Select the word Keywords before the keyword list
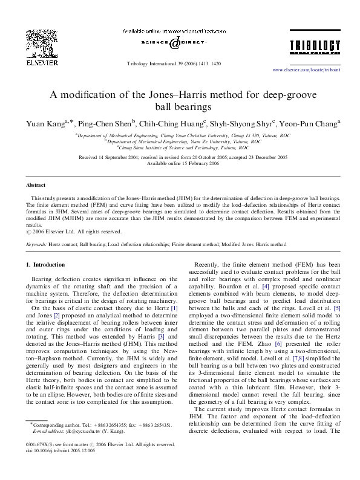pos(38,245)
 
